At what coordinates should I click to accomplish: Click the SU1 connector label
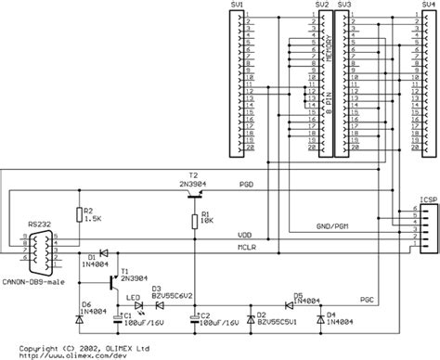(238, 5)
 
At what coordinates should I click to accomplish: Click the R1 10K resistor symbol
(195, 219)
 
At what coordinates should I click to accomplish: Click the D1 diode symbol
(103, 252)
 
